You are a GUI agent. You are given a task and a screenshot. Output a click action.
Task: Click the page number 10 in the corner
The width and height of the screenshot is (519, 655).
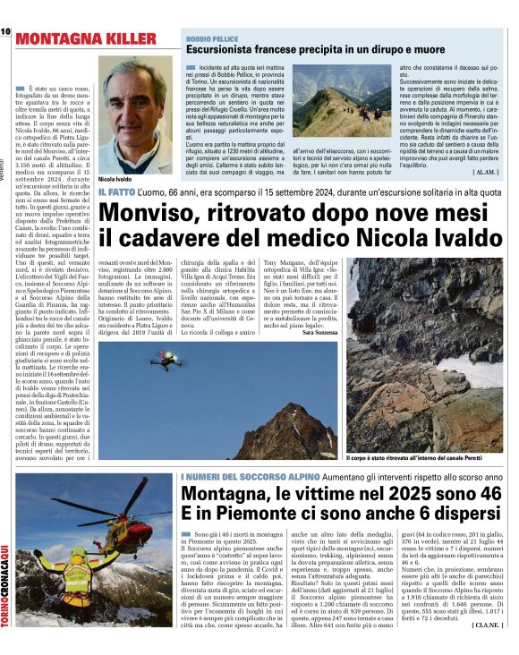[6, 31]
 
